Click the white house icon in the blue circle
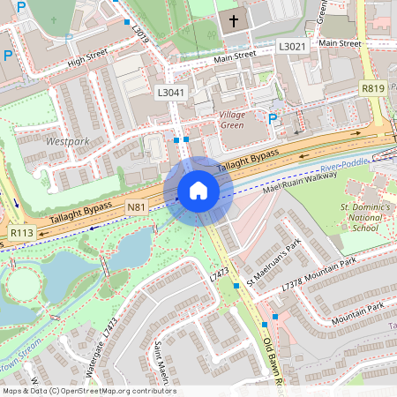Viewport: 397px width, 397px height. [198, 191]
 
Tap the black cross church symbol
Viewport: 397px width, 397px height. [234, 19]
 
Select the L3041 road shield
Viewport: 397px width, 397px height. [170, 92]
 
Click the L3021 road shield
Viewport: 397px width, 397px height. [292, 46]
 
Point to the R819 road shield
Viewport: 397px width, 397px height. [372, 89]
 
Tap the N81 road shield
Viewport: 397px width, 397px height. [136, 207]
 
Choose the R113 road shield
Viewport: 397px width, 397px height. [21, 232]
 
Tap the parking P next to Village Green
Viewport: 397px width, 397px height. [273, 119]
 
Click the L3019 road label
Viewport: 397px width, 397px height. [139, 34]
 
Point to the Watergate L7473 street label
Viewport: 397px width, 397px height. [96, 348]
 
